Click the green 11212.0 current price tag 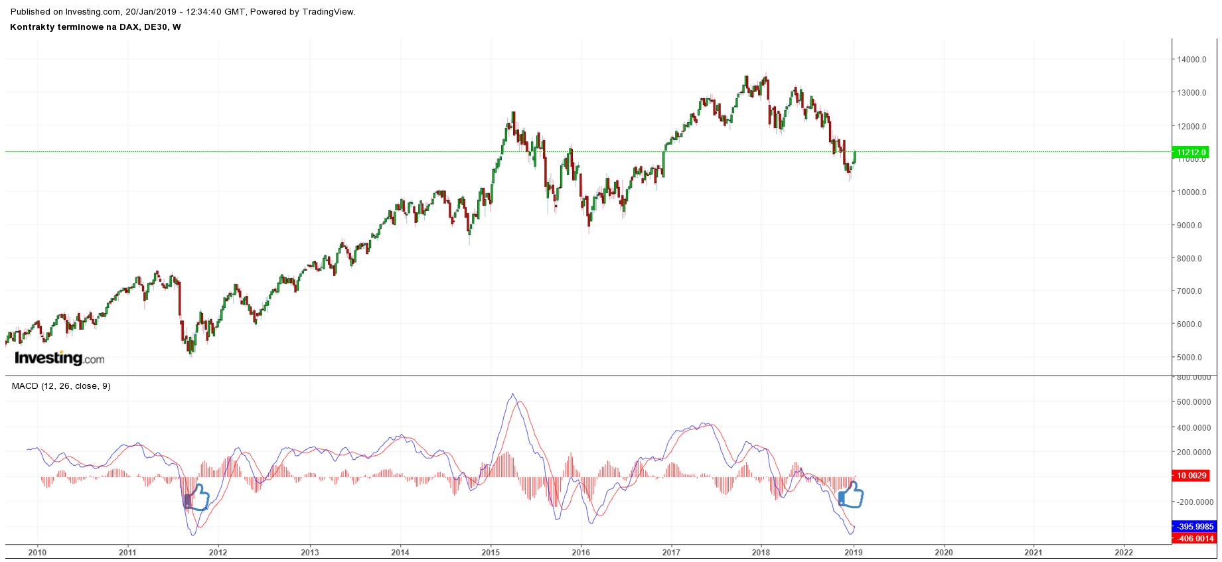[1191, 152]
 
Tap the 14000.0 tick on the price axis [1191, 60]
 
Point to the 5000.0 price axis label [1189, 358]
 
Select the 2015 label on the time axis [491, 552]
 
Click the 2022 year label [1124, 552]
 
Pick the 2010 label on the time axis [37, 552]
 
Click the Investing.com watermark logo [60, 358]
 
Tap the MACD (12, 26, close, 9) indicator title [61, 386]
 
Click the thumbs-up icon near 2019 [851, 495]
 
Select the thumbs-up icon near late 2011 [197, 497]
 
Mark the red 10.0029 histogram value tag [1191, 476]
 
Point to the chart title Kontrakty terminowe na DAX [95, 27]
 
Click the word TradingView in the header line [328, 12]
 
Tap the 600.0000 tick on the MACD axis [1193, 402]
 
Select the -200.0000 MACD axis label [1193, 502]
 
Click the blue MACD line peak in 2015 [512, 394]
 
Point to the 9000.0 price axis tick [1189, 226]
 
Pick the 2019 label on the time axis [854, 552]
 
